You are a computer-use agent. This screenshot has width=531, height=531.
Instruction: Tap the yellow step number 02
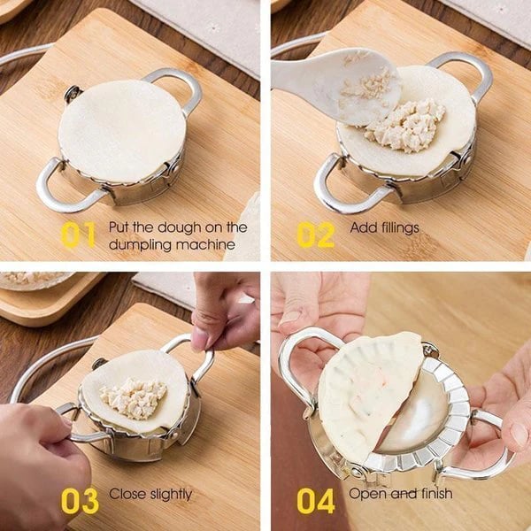pyautogui.click(x=316, y=235)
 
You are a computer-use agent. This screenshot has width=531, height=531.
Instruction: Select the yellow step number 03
pyautogui.click(x=80, y=500)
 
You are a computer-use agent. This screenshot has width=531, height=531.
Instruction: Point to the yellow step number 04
pyautogui.click(x=316, y=500)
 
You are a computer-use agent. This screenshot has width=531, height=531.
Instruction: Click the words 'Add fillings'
pyautogui.click(x=384, y=227)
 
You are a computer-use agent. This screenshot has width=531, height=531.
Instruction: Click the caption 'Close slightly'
pyautogui.click(x=150, y=493)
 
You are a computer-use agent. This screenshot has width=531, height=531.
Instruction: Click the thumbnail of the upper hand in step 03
pyautogui.click(x=201, y=339)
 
